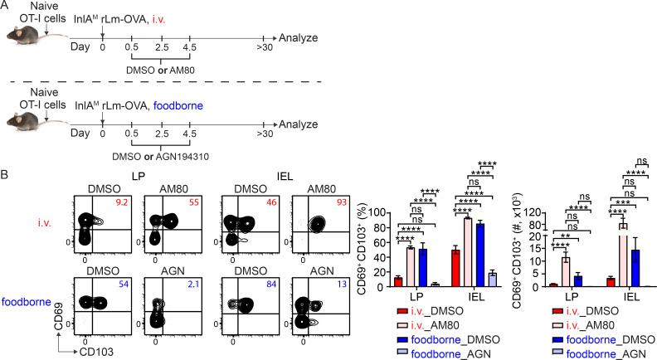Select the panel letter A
pyautogui.click(x=6, y=7)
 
